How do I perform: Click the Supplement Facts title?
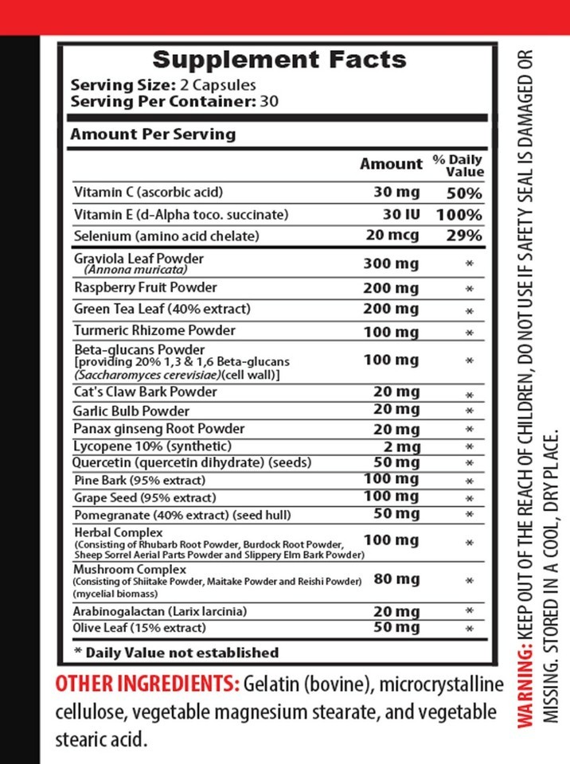click(x=279, y=60)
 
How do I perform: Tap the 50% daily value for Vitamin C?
click(x=463, y=193)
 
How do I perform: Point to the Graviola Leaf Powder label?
click(x=138, y=259)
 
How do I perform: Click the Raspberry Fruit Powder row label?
click(x=145, y=287)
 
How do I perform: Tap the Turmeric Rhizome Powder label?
click(x=154, y=330)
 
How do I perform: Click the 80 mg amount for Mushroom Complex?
click(x=396, y=579)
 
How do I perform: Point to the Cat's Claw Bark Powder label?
click(x=145, y=392)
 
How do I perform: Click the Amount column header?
click(x=391, y=164)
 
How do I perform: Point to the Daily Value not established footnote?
click(x=176, y=653)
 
